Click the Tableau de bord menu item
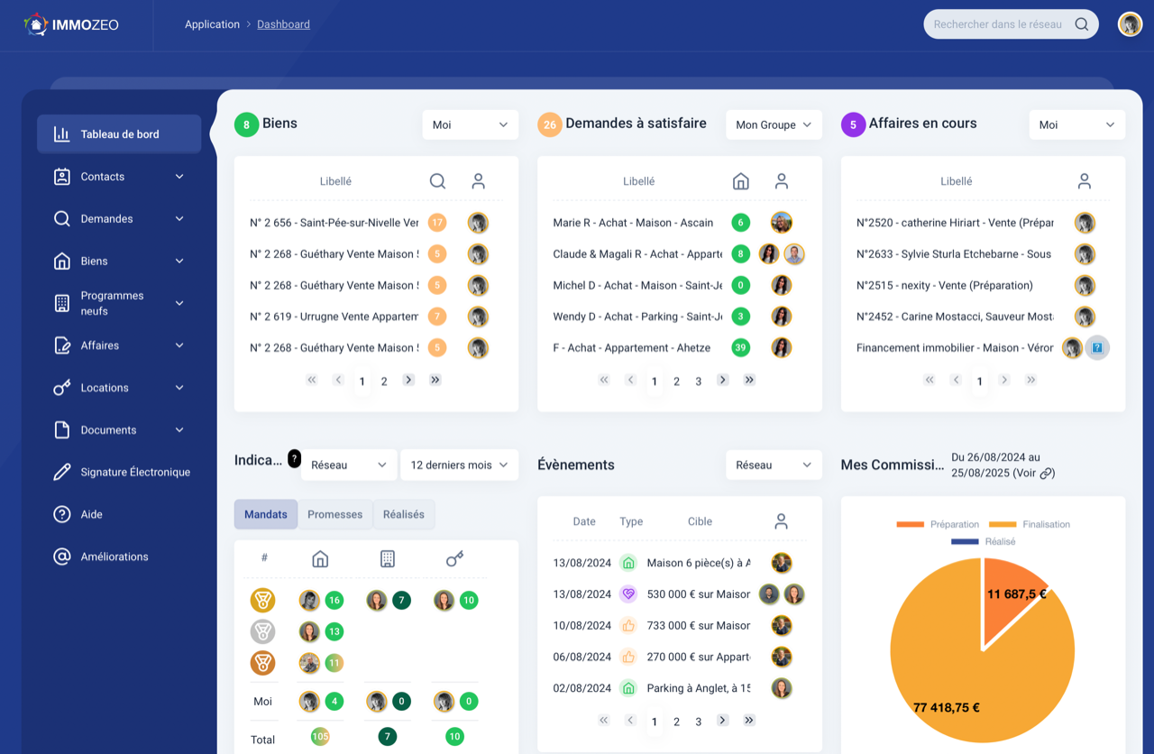point(119,134)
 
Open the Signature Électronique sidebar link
point(135,473)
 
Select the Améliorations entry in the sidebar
point(114,556)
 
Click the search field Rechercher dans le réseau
point(999,24)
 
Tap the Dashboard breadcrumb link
point(283,24)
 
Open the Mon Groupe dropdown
point(774,125)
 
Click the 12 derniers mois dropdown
point(459,465)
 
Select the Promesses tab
point(334,514)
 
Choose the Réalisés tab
point(403,514)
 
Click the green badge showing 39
point(741,348)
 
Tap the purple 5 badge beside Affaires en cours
point(853,124)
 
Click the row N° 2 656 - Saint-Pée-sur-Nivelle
point(334,223)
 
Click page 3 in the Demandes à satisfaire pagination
point(698,382)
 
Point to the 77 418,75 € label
point(946,708)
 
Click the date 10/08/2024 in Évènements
point(582,626)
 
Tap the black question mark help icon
point(294,458)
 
